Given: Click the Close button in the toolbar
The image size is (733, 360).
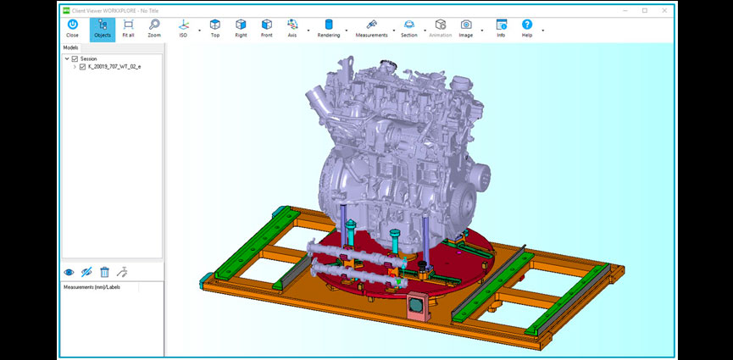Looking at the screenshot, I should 72,29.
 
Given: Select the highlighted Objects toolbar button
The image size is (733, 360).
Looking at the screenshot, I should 102,29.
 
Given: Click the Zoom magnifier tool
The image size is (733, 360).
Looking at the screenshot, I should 153,29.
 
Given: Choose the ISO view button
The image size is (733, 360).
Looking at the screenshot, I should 183,29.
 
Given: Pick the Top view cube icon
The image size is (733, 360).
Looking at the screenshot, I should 214,29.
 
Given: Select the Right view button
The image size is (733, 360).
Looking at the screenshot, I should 241,29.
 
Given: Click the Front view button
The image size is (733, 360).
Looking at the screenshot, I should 267,29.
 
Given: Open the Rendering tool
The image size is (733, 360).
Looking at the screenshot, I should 329,29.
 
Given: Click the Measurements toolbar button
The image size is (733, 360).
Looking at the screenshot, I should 371,29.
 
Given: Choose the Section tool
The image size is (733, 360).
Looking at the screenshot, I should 408,29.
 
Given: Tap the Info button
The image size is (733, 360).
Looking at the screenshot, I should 501,29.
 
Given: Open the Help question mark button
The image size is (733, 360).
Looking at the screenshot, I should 527,29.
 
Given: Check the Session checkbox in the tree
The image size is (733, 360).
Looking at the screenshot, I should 75,58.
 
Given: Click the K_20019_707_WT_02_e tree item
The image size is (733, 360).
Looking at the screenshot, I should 114,66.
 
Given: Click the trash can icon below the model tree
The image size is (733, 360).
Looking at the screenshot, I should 104,272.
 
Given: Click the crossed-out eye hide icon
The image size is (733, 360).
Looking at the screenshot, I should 86,272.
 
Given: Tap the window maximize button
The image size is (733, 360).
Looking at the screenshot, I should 644,10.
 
